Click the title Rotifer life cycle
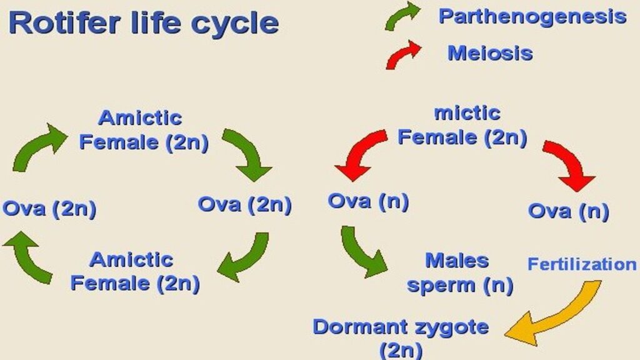click(144, 24)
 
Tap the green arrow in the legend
click(402, 16)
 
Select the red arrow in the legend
click(403, 54)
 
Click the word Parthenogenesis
click(532, 16)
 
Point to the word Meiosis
click(490, 53)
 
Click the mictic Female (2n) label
click(462, 125)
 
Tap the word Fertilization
click(582, 264)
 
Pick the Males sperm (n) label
click(460, 272)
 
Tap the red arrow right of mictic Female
click(568, 164)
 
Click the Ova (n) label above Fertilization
click(568, 211)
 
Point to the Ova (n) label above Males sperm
click(368, 201)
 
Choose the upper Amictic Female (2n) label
click(144, 130)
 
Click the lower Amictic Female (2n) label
click(135, 271)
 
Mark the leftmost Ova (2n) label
click(49, 208)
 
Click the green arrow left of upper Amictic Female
click(39, 146)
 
